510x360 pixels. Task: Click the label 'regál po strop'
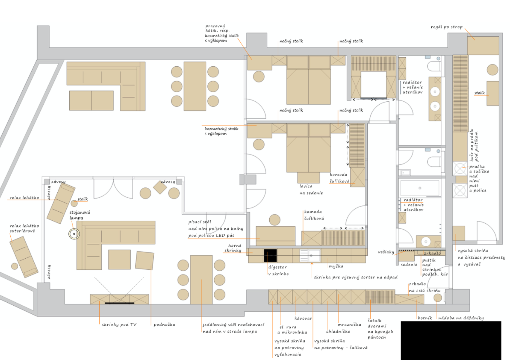(447, 27)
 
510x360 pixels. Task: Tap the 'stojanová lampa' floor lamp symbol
(74, 234)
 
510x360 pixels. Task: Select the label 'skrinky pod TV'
(119, 324)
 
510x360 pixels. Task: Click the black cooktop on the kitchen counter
(270, 255)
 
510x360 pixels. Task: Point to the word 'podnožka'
(164, 324)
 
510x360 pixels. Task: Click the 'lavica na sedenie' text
(311, 190)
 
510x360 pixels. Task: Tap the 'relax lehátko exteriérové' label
(24, 228)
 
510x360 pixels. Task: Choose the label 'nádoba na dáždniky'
(461, 318)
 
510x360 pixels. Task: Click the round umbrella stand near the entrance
(438, 298)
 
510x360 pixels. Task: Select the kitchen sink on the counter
(310, 255)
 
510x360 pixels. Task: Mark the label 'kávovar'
(303, 318)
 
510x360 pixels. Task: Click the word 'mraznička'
(349, 324)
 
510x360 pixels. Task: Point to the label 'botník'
(425, 318)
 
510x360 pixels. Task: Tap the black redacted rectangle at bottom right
(451, 341)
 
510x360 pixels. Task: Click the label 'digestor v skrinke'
(278, 270)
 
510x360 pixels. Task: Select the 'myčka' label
(336, 266)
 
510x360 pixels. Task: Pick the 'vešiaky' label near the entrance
(386, 252)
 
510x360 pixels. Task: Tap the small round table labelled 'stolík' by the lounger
(74, 204)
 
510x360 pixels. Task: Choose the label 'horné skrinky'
(233, 248)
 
